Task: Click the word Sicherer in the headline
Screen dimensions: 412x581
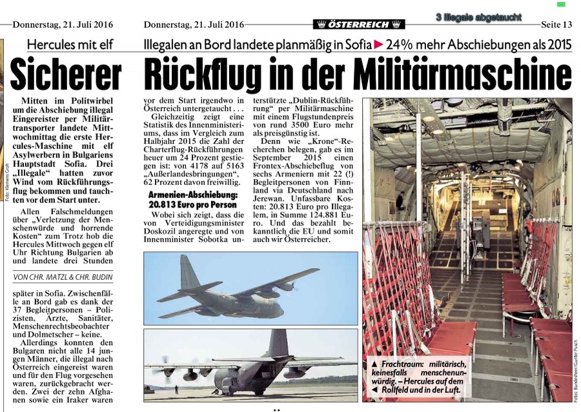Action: click(x=66, y=76)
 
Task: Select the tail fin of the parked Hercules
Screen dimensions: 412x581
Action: click(x=280, y=343)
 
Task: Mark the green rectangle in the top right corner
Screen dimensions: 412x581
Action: click(x=560, y=5)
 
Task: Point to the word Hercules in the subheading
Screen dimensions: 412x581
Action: click(x=59, y=45)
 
